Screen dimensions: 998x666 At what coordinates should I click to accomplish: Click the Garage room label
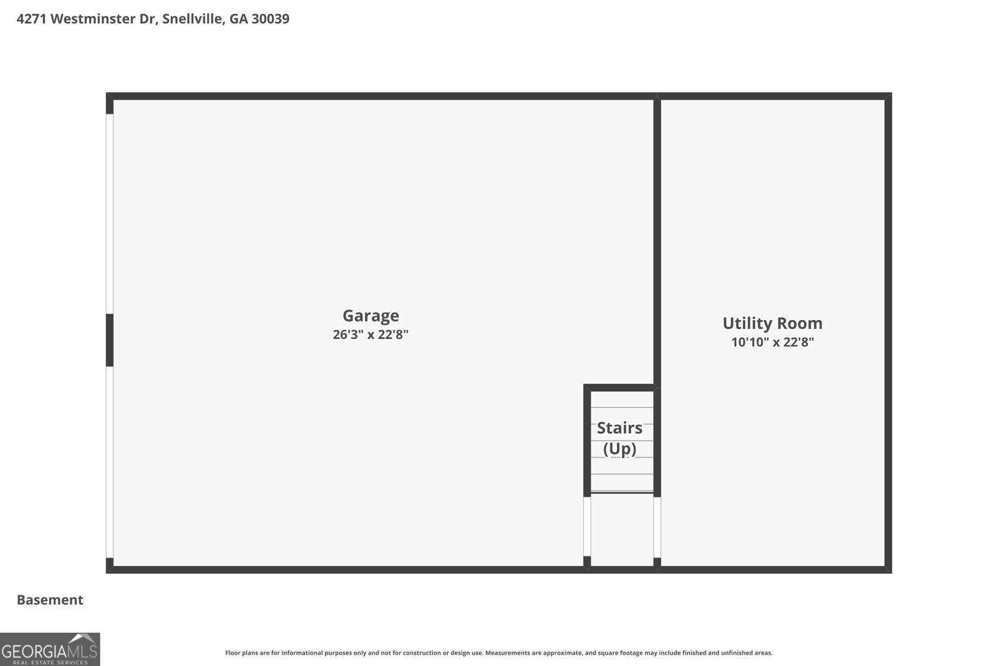(x=371, y=316)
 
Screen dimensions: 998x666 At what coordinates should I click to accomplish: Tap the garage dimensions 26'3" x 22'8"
(x=371, y=335)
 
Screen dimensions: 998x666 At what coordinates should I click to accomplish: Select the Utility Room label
(x=773, y=323)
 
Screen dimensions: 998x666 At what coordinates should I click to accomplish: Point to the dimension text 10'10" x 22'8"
(x=773, y=342)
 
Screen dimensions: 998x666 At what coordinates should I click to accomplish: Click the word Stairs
(x=620, y=428)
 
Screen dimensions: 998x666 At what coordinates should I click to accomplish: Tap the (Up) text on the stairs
(x=620, y=448)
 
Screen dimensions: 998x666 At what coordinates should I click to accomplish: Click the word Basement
(x=50, y=600)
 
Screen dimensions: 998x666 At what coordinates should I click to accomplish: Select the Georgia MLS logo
(x=50, y=649)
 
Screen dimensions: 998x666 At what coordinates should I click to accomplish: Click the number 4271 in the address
(x=31, y=19)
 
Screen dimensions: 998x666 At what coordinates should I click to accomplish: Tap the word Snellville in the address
(x=193, y=19)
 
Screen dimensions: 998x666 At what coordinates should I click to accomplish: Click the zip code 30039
(x=271, y=19)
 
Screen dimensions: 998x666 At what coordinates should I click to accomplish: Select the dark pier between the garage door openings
(x=110, y=340)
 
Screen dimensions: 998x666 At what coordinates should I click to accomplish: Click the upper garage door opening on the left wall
(x=110, y=214)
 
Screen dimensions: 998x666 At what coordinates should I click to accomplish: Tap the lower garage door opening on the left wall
(x=110, y=463)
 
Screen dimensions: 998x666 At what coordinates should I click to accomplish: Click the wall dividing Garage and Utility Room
(x=657, y=241)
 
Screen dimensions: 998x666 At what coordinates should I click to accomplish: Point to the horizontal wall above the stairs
(x=619, y=388)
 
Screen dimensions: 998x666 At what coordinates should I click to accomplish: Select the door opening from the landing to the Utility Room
(x=657, y=527)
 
